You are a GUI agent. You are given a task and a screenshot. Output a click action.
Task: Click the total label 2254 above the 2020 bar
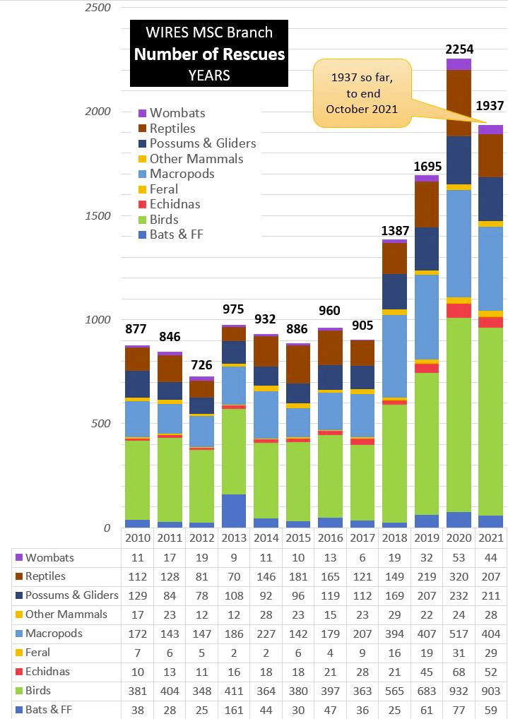459,49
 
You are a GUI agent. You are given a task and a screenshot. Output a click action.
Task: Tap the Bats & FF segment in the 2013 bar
234,511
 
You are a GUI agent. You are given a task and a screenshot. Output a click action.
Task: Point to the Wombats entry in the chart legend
177,113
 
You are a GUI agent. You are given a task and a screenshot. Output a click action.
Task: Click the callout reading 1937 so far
362,94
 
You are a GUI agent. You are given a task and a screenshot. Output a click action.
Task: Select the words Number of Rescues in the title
209,54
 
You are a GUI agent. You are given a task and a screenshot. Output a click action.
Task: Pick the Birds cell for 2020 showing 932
459,691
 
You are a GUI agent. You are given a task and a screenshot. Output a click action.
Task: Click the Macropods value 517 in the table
459,634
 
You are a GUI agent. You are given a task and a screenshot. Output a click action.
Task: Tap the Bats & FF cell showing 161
234,709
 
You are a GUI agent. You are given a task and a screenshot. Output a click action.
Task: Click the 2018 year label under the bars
394,538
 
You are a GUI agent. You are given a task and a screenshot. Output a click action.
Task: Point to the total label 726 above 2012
201,367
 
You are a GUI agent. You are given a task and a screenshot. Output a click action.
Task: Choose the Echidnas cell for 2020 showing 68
459,672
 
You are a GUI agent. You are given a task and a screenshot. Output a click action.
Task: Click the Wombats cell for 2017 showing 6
362,557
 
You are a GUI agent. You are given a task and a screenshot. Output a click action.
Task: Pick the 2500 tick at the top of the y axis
99,7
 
